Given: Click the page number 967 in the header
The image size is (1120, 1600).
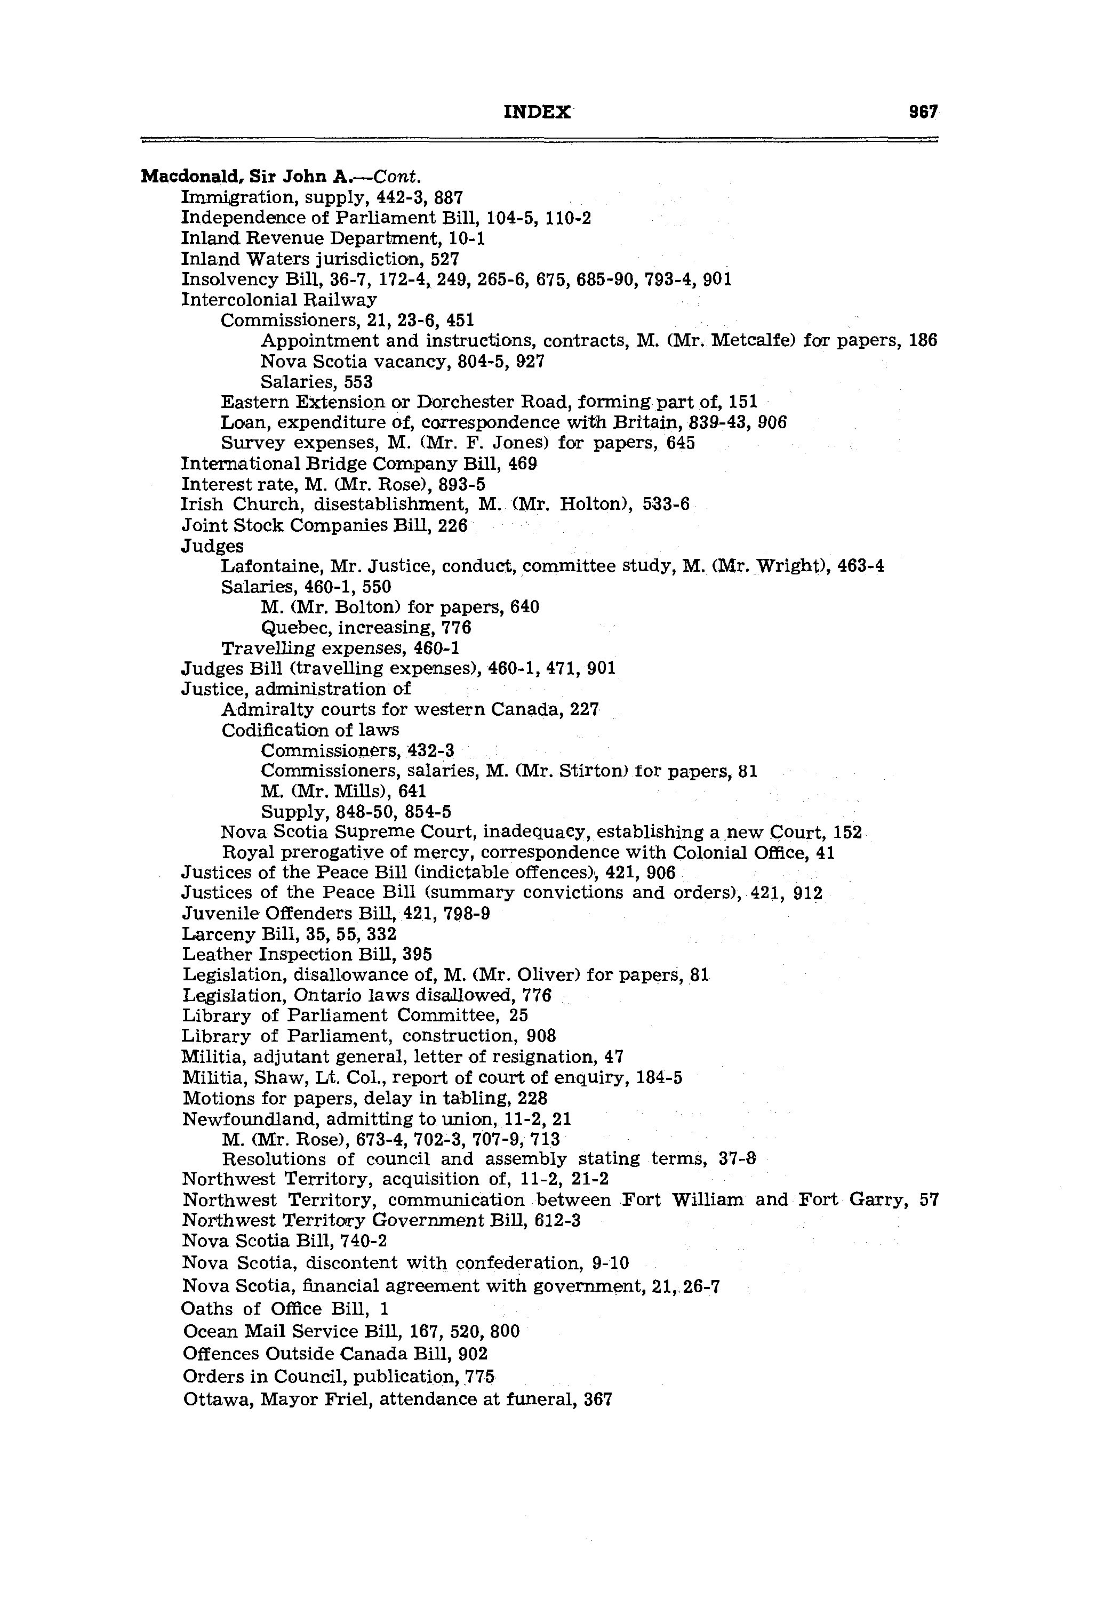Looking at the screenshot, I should (923, 111).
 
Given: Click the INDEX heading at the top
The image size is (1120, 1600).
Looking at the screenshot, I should (537, 111).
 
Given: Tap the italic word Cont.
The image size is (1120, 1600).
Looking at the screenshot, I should (397, 177).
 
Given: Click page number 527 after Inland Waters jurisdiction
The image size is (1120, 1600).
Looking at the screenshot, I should (445, 259).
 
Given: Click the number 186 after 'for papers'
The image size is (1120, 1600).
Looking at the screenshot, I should (923, 341).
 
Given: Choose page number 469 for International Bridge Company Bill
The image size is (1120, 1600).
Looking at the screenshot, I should (523, 463).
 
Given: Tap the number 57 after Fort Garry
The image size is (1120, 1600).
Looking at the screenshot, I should (929, 1200).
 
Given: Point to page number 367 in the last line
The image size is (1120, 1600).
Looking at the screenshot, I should (597, 1399).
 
